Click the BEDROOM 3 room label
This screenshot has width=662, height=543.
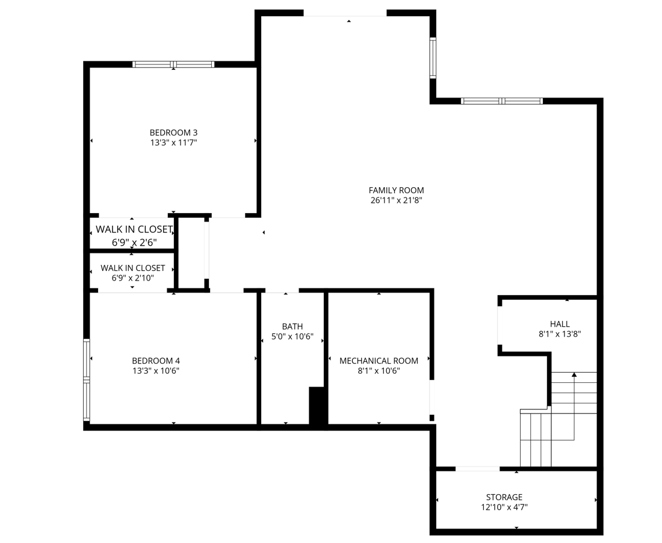tap(173, 132)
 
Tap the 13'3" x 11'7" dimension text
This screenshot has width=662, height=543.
tap(173, 143)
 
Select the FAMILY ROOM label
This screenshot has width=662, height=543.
tap(396, 190)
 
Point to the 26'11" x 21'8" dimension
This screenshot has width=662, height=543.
tap(396, 200)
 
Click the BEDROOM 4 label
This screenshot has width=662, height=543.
tap(156, 361)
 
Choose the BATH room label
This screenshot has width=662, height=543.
tap(292, 326)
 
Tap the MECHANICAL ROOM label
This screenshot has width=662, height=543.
tap(379, 361)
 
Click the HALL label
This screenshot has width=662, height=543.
tap(559, 324)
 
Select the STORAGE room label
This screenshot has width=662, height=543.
tap(504, 497)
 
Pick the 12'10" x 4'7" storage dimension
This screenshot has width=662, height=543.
tap(504, 507)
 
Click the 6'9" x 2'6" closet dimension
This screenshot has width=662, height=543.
tap(134, 243)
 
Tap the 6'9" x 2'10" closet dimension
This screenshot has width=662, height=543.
tap(132, 278)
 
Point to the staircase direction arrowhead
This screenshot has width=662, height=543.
tap(574, 375)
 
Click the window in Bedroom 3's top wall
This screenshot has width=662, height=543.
tap(173, 64)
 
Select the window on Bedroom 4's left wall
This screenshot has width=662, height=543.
tap(87, 380)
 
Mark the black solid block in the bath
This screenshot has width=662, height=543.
tap(317, 407)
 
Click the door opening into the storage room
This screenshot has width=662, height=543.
tap(477, 468)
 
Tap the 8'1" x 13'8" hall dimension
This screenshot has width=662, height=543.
tap(559, 334)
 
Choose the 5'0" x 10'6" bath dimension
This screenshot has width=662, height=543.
tap(292, 337)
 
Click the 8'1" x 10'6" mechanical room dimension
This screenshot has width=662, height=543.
tap(379, 371)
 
